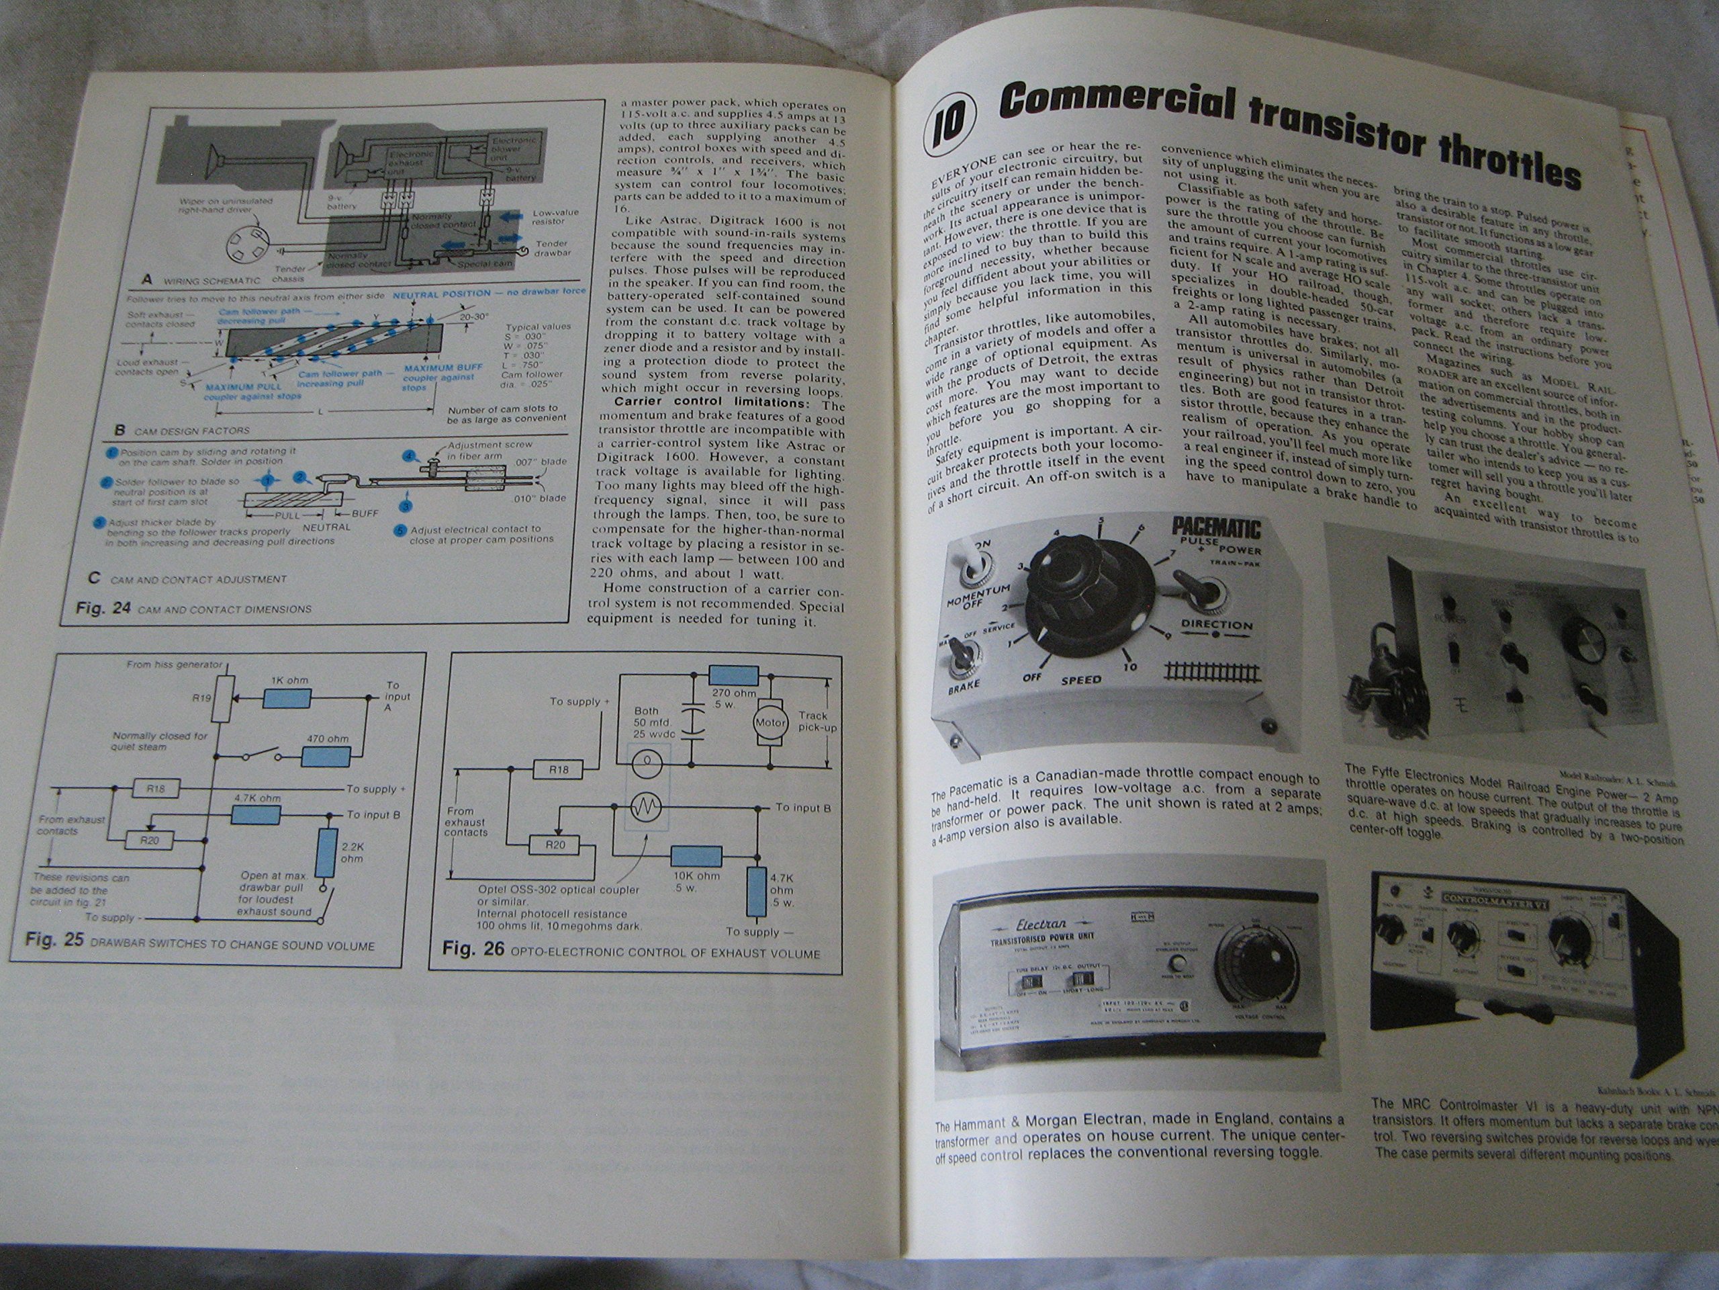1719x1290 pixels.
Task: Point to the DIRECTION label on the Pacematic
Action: click(1216, 624)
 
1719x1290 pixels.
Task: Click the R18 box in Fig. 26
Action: click(558, 770)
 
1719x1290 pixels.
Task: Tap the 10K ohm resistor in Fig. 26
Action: click(696, 856)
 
